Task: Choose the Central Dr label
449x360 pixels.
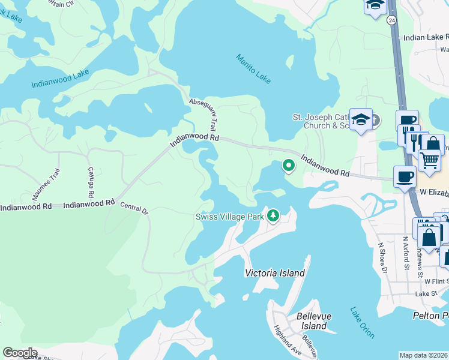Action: (134, 209)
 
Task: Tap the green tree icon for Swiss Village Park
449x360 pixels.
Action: (273, 215)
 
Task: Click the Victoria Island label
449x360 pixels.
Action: (275, 273)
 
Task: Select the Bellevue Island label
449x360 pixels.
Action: (312, 321)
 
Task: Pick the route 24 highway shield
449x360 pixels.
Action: (392, 20)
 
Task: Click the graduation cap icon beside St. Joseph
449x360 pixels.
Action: (361, 119)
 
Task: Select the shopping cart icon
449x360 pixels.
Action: (429, 161)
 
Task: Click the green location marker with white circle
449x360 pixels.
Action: (289, 165)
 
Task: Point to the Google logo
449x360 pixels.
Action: (20, 353)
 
